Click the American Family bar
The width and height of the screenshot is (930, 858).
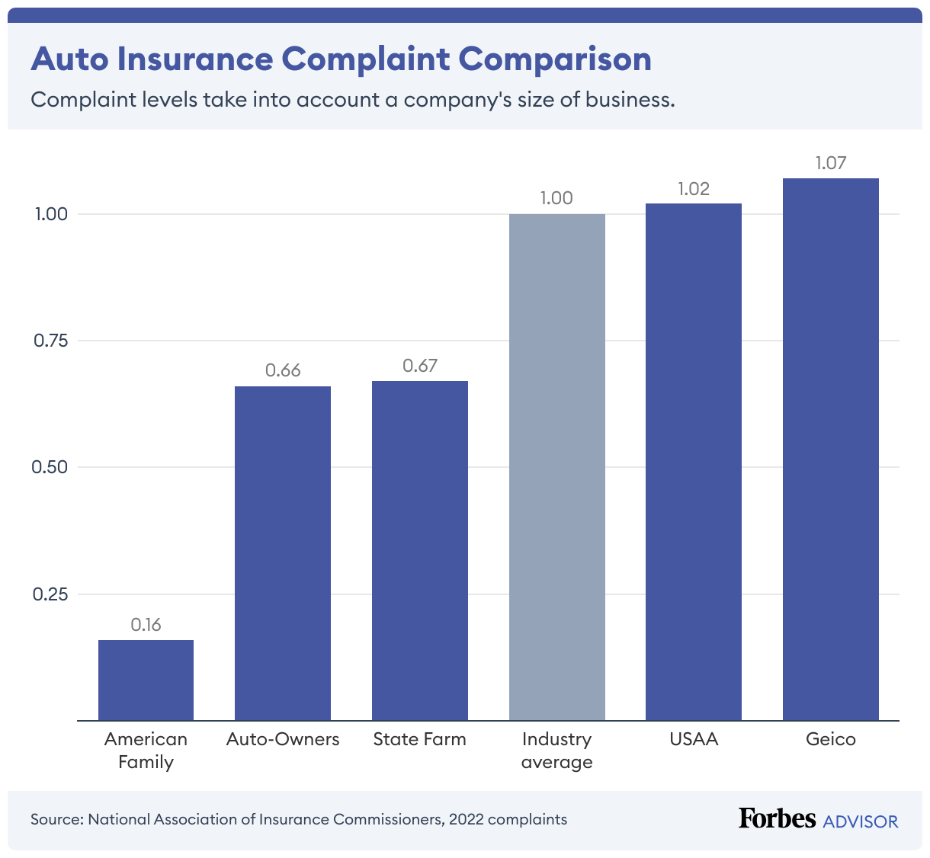coord(146,680)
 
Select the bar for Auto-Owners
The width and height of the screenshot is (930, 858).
coord(283,553)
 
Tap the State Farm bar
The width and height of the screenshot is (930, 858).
coord(420,550)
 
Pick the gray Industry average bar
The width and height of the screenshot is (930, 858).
coord(557,467)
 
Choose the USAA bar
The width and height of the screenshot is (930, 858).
coord(694,462)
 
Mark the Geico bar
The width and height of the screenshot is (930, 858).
coord(831,450)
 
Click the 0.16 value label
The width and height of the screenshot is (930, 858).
coord(146,625)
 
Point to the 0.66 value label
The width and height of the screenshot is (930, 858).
coord(283,370)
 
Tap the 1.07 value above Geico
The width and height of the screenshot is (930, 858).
coord(831,163)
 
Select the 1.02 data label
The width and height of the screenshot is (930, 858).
coord(694,189)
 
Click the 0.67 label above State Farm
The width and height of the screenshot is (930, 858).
coord(420,366)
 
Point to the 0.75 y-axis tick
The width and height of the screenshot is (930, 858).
coord(51,341)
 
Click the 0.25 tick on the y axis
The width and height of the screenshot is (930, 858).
coord(51,594)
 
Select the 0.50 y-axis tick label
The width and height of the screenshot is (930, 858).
coord(51,467)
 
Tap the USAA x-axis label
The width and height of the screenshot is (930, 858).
coord(694,739)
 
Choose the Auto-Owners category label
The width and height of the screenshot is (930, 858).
coord(283,739)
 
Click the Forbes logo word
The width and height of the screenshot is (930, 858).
coord(777,818)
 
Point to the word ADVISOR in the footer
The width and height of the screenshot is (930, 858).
coord(861,821)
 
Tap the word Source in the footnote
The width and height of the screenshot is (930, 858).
coord(56,820)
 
